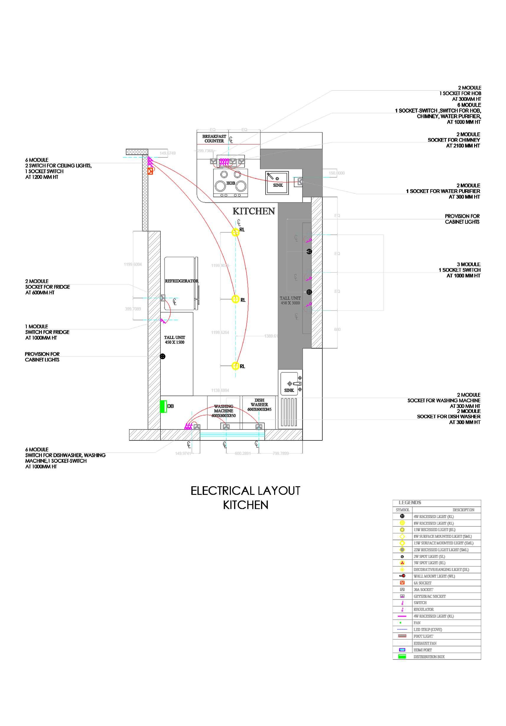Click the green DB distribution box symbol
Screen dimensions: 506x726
[x=163, y=406]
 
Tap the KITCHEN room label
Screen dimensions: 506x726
[x=253, y=211]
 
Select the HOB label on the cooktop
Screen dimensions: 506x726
[x=230, y=183]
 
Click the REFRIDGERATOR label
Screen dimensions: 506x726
[x=181, y=281]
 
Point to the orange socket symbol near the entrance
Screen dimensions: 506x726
[x=150, y=171]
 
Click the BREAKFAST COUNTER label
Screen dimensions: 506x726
[x=214, y=139]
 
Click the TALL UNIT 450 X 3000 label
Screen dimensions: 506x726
[x=290, y=300]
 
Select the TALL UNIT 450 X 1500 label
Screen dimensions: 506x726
[x=175, y=340]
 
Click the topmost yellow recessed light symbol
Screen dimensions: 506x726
[x=235, y=232]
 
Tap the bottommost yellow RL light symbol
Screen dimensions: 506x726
[x=235, y=366]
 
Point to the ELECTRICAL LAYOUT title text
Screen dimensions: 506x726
[x=245, y=491]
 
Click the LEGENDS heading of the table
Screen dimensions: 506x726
[x=410, y=503]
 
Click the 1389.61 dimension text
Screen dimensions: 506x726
[x=271, y=336]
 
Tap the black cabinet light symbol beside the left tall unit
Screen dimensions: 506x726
[x=162, y=356]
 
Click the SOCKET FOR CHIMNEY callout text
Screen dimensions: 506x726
[x=453, y=140]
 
